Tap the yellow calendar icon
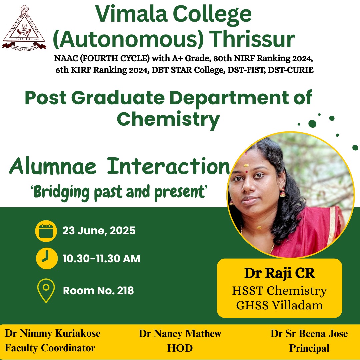[46, 231]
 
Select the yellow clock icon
[47, 258]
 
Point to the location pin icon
[46, 291]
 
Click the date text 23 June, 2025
[99, 231]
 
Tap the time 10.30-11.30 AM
[101, 259]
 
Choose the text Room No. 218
[98, 291]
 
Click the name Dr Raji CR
[280, 273]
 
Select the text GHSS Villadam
[280, 305]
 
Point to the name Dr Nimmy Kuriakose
[53, 333]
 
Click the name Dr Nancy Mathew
[180, 334]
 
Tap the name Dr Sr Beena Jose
[309, 334]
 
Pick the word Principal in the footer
[309, 348]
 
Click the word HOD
[180, 348]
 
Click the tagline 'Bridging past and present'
[119, 192]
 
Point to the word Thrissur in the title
[253, 39]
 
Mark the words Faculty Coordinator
[50, 348]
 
